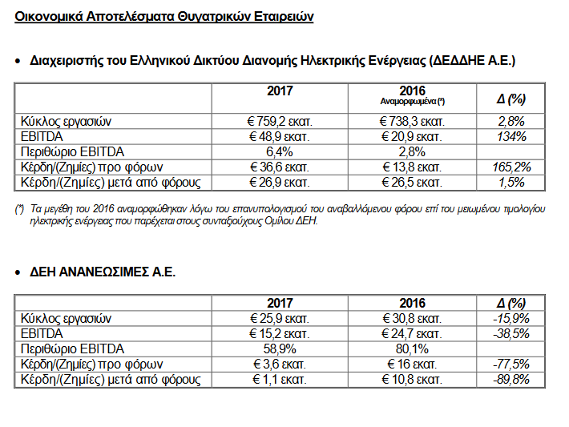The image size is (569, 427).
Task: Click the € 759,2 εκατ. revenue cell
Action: [279, 122]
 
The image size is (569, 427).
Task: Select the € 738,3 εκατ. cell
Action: [412, 122]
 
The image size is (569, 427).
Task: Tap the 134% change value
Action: [511, 137]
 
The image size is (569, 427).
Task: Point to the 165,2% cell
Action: [511, 167]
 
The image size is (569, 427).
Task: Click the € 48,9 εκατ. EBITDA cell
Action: [279, 137]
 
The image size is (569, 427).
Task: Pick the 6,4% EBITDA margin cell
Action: [279, 152]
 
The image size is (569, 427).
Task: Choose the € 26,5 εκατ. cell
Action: [412, 183]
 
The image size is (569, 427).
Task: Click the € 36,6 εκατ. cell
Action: [279, 167]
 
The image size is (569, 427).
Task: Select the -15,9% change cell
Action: [510, 318]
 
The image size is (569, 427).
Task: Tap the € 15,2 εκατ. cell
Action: [279, 333]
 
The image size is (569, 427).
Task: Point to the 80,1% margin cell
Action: [412, 348]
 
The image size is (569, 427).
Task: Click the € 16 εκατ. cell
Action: [412, 364]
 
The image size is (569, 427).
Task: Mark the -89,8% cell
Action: [510, 379]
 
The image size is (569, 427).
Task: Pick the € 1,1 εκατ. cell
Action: [279, 379]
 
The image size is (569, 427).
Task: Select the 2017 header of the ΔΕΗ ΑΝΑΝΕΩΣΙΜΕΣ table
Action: [279, 304]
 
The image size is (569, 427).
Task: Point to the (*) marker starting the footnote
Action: [20, 209]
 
